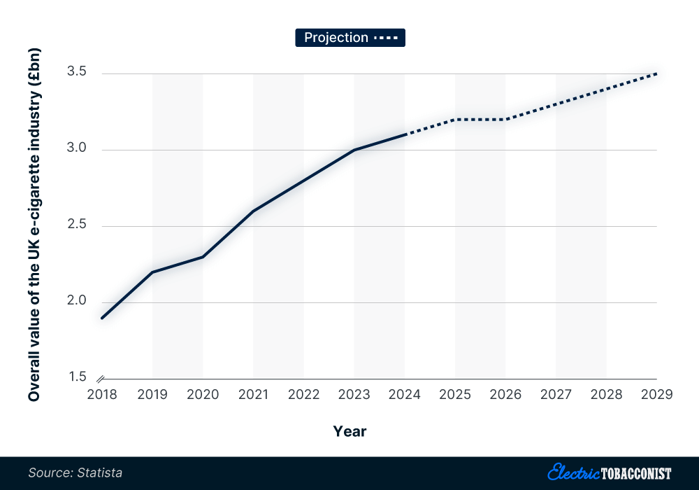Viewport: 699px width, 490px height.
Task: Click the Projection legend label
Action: pyautogui.click(x=336, y=38)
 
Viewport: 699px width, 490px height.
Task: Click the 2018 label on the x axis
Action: pyautogui.click(x=102, y=395)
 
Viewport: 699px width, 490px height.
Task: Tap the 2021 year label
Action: pyautogui.click(x=253, y=395)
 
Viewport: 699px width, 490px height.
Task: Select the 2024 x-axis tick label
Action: pyautogui.click(x=405, y=395)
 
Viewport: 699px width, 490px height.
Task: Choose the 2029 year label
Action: pyautogui.click(x=656, y=395)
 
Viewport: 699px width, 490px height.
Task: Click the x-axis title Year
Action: pyautogui.click(x=349, y=431)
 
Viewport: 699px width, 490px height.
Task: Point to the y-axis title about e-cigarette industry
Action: pyautogui.click(x=34, y=225)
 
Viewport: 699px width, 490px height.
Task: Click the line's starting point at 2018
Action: pyautogui.click(x=102, y=318)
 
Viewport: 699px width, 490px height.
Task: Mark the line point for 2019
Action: pyautogui.click(x=152, y=272)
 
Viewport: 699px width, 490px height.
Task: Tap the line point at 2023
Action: pyautogui.click(x=354, y=150)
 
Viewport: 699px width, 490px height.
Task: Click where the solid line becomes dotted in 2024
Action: pyautogui.click(x=405, y=134)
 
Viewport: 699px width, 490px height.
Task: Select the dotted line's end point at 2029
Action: pyautogui.click(x=656, y=73)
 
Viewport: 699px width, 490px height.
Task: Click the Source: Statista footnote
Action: pyautogui.click(x=75, y=473)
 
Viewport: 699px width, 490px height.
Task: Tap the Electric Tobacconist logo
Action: pyautogui.click(x=610, y=472)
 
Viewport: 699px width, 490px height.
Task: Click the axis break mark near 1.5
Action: pyautogui.click(x=102, y=379)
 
